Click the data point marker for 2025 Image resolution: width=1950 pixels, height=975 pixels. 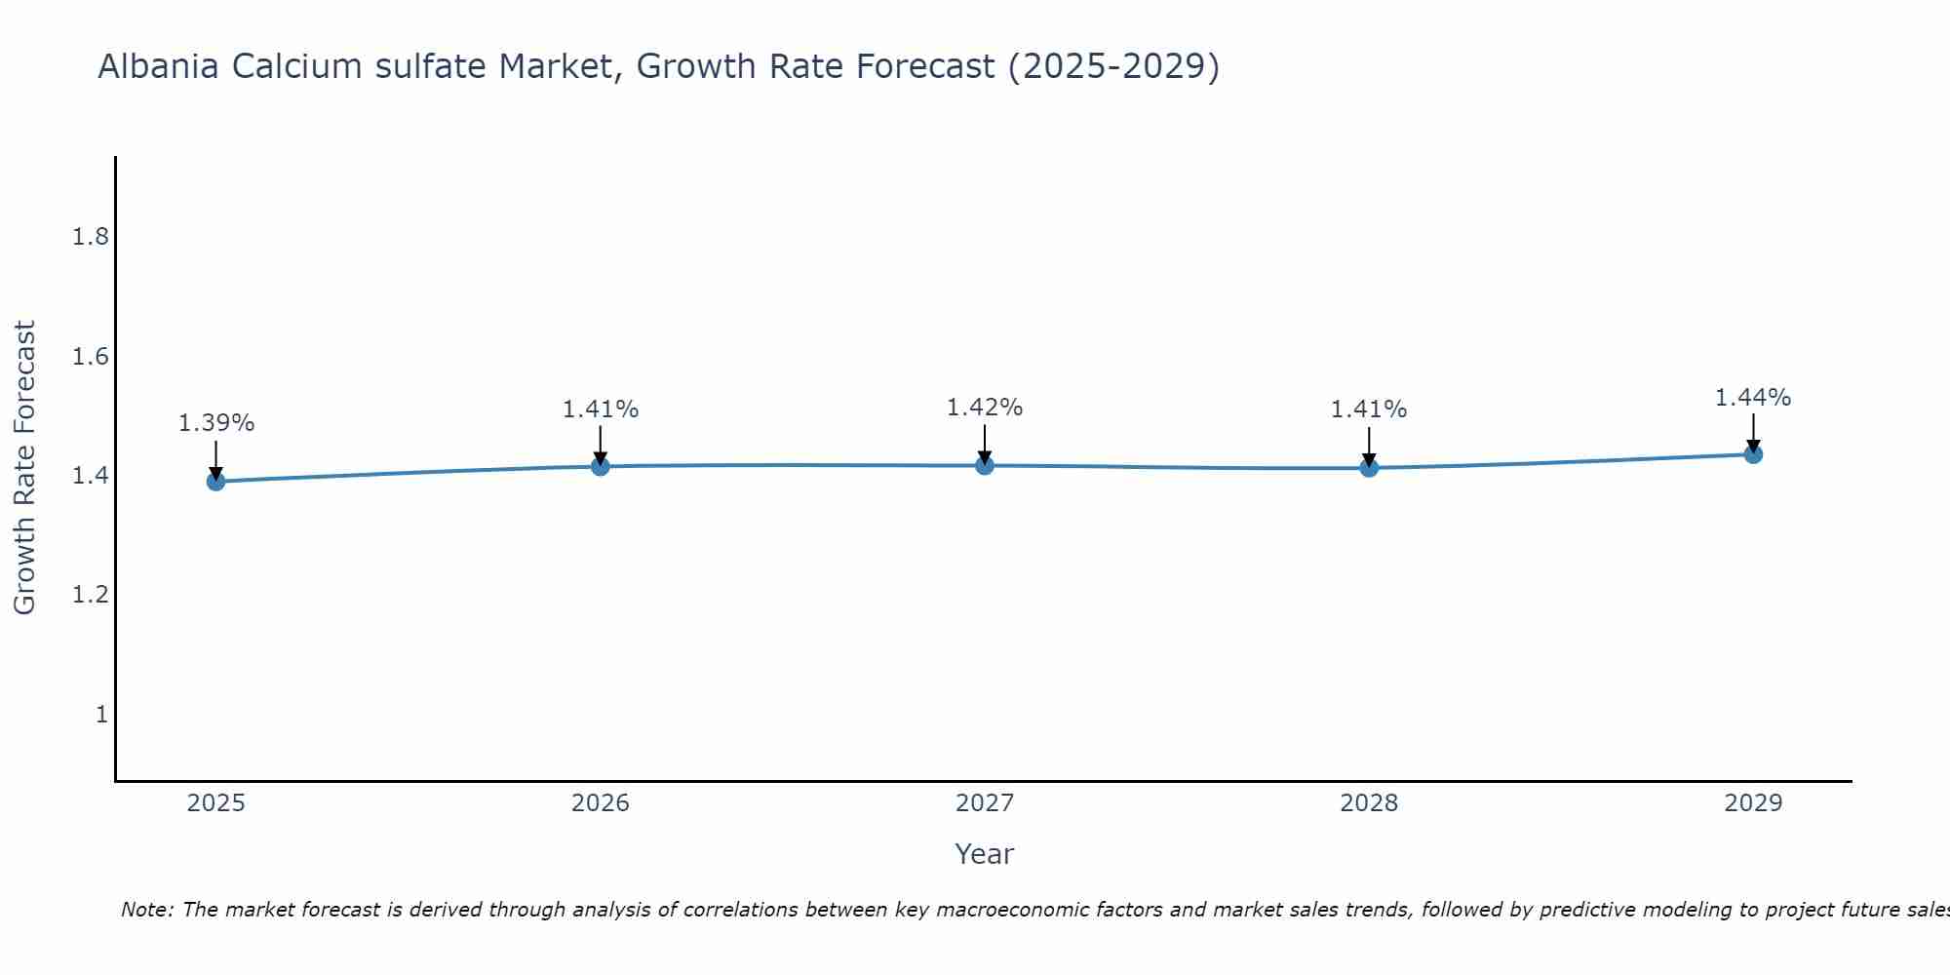coord(215,481)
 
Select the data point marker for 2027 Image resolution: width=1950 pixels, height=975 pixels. coord(985,465)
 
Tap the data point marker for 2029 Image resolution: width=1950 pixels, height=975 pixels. coord(1753,453)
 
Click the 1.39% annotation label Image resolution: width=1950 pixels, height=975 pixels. coord(215,423)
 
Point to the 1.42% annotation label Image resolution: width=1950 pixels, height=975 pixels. coord(985,408)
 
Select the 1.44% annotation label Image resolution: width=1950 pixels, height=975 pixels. coord(1753,398)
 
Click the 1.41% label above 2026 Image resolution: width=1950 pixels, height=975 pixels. coord(600,409)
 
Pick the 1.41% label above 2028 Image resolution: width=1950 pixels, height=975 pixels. coord(1369,409)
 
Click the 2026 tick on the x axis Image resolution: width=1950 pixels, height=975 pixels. coord(600,803)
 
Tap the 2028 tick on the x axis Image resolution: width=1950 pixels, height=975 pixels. coord(1369,803)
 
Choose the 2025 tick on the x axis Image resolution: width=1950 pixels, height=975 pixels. coord(215,803)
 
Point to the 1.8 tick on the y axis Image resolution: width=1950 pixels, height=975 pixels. coord(91,237)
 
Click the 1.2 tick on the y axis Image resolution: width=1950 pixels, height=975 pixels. coord(91,595)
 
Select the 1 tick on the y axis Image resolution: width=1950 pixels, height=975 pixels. coord(100,715)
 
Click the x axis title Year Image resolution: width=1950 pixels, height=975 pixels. coord(985,854)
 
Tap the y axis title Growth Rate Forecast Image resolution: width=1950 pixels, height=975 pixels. coord(24,467)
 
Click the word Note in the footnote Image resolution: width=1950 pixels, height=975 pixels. coord(145,910)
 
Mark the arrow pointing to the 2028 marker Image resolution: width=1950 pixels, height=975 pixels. coord(1369,447)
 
